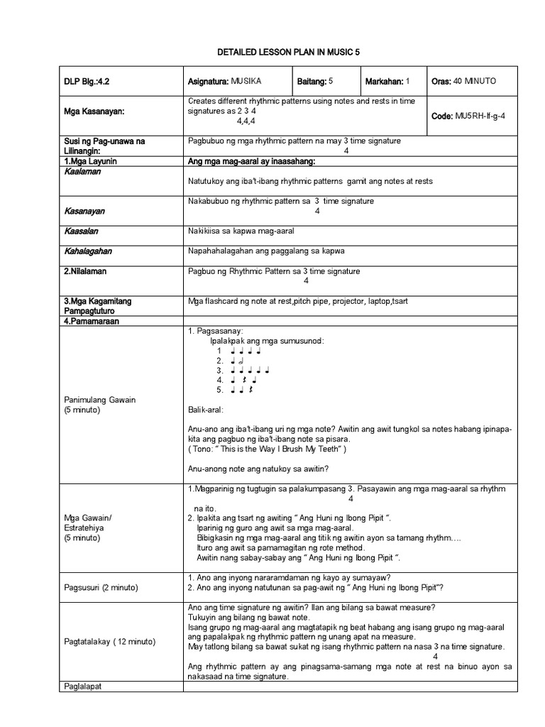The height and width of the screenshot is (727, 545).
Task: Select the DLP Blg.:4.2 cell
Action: (x=87, y=82)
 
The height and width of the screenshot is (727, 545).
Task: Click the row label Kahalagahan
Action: (x=88, y=251)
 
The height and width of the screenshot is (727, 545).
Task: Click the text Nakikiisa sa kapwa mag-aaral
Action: (x=241, y=231)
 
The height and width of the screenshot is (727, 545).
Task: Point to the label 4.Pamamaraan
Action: (x=92, y=321)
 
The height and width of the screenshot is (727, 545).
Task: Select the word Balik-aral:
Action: (x=206, y=410)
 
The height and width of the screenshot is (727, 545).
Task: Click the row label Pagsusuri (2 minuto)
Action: (x=101, y=588)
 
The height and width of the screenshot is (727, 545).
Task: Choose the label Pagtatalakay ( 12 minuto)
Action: (x=109, y=642)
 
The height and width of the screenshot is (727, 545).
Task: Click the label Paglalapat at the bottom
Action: (x=83, y=687)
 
